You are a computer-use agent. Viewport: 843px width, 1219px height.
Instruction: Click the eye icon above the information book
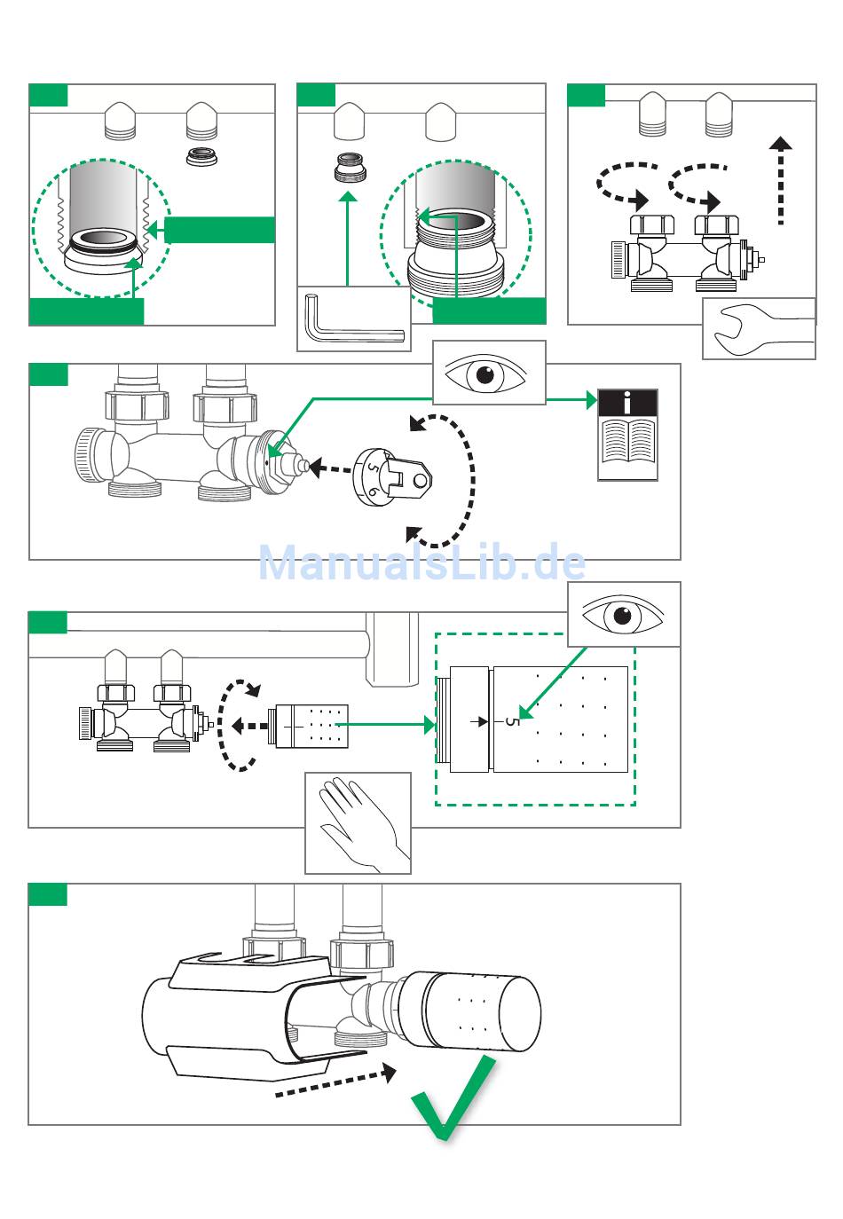[x=485, y=374]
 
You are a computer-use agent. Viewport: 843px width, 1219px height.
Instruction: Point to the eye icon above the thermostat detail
[x=623, y=615]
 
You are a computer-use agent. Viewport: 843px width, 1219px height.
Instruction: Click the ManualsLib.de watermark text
[x=422, y=562]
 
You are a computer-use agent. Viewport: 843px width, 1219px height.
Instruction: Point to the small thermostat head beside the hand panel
[x=308, y=726]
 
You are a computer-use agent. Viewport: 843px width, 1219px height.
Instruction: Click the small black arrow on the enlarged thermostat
[x=479, y=721]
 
